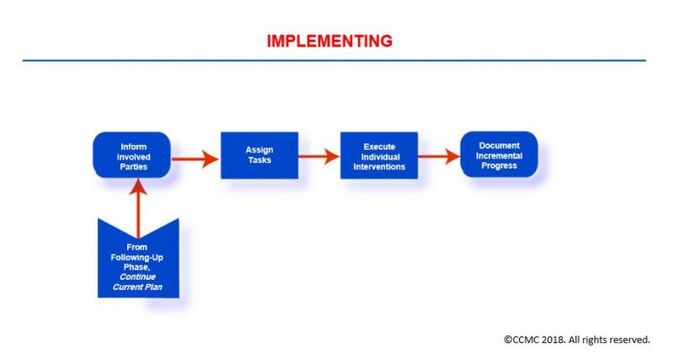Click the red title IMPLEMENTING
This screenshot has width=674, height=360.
(x=329, y=40)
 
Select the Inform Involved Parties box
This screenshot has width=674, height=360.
(x=132, y=156)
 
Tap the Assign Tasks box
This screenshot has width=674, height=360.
(x=259, y=155)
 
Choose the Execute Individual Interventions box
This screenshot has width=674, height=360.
(x=378, y=156)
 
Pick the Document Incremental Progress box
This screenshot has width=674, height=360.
(x=499, y=155)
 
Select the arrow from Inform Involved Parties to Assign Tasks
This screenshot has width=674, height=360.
(x=195, y=158)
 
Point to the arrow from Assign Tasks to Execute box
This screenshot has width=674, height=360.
(x=318, y=157)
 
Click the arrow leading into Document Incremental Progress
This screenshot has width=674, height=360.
(x=438, y=156)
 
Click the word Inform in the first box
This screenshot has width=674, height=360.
(x=133, y=147)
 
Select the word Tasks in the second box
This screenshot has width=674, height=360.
(x=259, y=160)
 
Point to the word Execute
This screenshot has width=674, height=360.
(x=379, y=147)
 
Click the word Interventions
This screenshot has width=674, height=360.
(x=379, y=167)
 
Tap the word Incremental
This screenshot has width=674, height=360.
(x=500, y=155)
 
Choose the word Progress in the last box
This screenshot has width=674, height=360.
(x=500, y=165)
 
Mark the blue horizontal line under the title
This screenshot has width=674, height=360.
(x=334, y=61)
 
